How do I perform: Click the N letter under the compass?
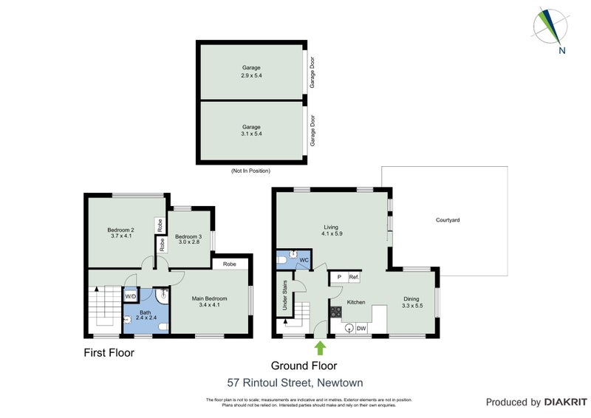(562, 51)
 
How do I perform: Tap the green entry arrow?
(320, 347)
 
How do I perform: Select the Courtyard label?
(448, 220)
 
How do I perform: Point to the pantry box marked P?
(338, 277)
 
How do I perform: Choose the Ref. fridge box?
(354, 277)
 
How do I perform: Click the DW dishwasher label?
(362, 328)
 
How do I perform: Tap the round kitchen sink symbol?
(349, 329)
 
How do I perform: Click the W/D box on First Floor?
(131, 297)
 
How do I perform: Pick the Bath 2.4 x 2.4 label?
(146, 316)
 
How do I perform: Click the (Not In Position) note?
(250, 171)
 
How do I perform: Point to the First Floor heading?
(109, 353)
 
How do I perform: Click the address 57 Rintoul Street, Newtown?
(295, 383)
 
